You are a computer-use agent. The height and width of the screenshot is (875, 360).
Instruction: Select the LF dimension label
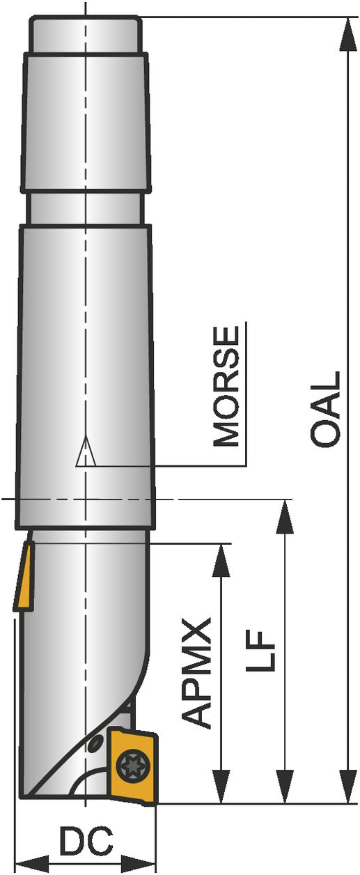click(x=261, y=651)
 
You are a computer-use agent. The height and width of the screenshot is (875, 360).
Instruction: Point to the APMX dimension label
click(x=196, y=673)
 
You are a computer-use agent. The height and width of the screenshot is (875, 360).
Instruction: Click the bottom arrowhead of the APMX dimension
click(x=221, y=786)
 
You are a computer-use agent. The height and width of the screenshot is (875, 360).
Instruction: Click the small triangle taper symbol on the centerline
click(x=86, y=451)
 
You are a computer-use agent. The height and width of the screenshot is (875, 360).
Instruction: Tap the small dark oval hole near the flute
click(x=95, y=743)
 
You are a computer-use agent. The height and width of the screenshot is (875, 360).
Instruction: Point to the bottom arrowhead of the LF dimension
click(x=285, y=786)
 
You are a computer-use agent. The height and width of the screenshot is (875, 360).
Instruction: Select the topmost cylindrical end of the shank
click(x=86, y=34)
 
